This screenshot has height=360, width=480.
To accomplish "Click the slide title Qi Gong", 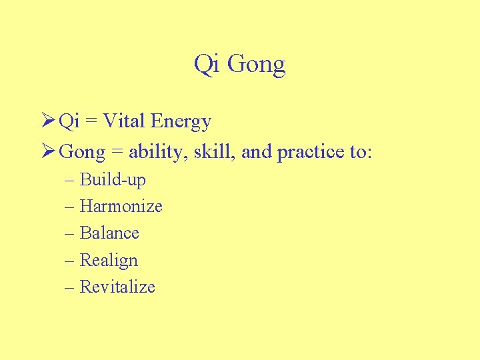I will coord(239,65).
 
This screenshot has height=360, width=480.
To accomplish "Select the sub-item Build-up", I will coord(113,180).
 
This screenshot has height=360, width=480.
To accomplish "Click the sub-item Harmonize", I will coord(121,207).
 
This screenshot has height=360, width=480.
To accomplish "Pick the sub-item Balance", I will coord(109,233).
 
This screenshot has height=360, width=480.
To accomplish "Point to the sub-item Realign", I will coord(109,261).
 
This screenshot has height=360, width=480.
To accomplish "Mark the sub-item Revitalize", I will coord(117,287).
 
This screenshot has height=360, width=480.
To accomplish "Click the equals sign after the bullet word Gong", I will coord(117,153).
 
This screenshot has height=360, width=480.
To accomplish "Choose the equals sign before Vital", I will coord(92,122).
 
